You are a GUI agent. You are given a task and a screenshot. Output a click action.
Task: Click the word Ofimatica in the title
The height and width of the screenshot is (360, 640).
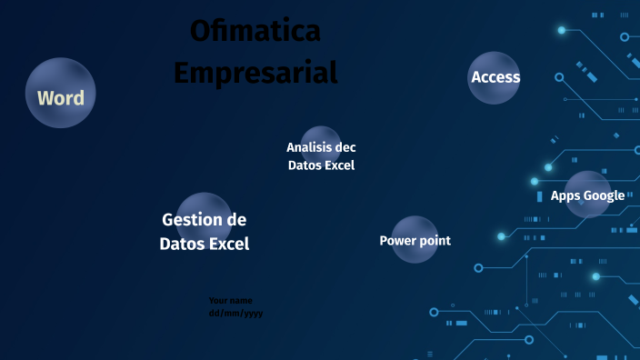pyautogui.click(x=255, y=31)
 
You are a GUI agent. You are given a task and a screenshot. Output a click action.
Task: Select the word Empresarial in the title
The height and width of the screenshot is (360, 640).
pyautogui.click(x=255, y=71)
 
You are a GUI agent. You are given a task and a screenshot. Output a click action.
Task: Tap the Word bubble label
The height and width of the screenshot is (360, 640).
pyautogui.click(x=60, y=98)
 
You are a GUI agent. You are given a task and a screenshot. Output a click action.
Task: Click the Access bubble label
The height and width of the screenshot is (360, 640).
pyautogui.click(x=495, y=77)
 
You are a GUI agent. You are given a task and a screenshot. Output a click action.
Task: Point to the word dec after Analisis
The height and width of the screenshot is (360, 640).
pyautogui.click(x=345, y=147)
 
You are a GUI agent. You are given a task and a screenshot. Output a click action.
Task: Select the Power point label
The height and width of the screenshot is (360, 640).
pyautogui.click(x=415, y=241)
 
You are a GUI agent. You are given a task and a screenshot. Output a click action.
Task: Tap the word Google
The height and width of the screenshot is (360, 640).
pyautogui.click(x=604, y=195)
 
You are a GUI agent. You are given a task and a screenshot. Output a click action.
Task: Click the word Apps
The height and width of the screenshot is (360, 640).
pyautogui.click(x=565, y=195)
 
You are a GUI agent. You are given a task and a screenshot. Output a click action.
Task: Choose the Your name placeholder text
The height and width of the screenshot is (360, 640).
pyautogui.click(x=230, y=300)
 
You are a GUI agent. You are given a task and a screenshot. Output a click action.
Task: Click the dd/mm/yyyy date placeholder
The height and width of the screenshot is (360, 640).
pyautogui.click(x=235, y=313)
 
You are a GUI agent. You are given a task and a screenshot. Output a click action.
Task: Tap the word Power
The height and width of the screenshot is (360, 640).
pyautogui.click(x=397, y=241)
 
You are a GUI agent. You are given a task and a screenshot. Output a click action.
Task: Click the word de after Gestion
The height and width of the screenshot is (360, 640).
pyautogui.click(x=236, y=220)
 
